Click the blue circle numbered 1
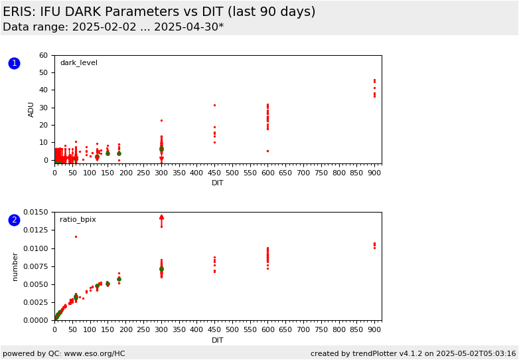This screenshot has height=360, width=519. [x=14, y=63]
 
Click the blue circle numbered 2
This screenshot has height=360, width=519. [x=14, y=220]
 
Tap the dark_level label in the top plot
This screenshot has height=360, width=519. [x=79, y=63]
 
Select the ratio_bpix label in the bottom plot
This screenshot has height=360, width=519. [x=78, y=220]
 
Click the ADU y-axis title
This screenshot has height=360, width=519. [x=31, y=110]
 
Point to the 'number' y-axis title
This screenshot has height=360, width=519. [x=15, y=267]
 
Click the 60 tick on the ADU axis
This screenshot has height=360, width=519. [x=44, y=55]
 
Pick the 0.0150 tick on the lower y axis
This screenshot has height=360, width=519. [x=36, y=212]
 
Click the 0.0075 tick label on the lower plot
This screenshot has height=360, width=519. [x=36, y=266]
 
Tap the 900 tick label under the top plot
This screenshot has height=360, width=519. [x=375, y=173]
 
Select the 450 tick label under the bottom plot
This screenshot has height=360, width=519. [x=214, y=329]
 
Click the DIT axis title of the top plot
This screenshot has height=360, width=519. [x=218, y=183]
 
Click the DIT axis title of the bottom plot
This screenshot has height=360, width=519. [x=218, y=340]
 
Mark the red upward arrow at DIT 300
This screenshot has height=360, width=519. [x=161, y=221]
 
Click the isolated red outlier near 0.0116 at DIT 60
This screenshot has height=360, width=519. [x=76, y=237]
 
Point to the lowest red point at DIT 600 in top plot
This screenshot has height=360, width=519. [x=267, y=151]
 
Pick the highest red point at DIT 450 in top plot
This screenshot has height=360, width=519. [x=214, y=106]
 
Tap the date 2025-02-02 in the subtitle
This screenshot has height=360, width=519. [x=104, y=27]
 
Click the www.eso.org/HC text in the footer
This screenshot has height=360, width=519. [x=94, y=354]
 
